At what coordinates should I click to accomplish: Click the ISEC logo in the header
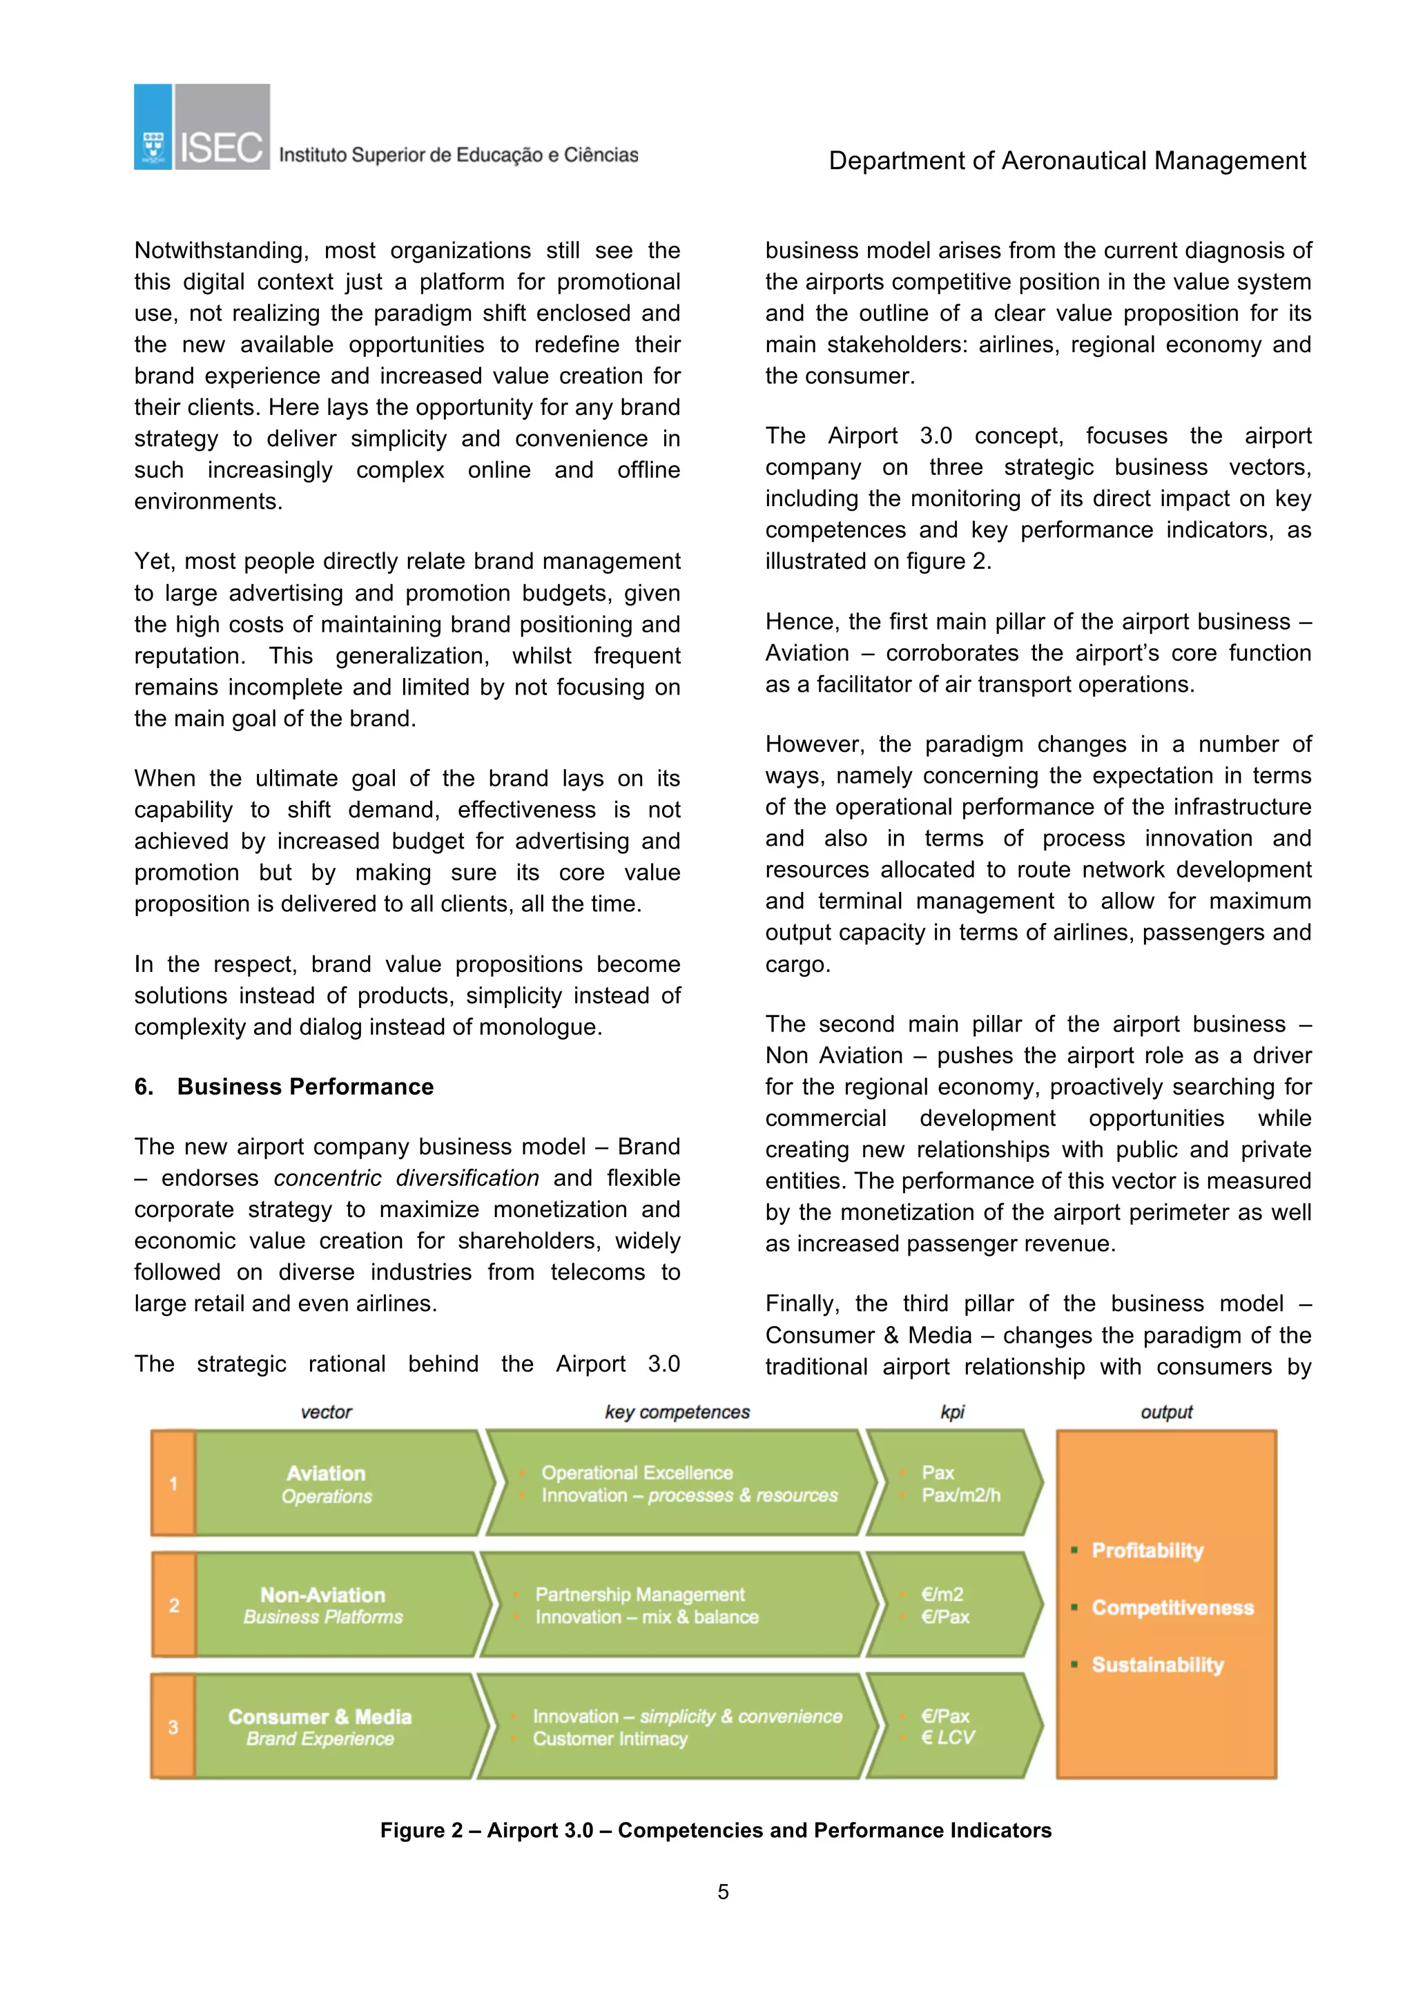coord(202,127)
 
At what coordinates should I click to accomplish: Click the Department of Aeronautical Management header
coord(1067,161)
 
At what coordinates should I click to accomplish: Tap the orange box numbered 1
coord(173,1484)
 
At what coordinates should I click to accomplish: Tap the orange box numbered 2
coord(173,1604)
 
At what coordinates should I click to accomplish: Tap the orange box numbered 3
coord(173,1727)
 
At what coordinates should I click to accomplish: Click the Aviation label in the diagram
coord(326,1473)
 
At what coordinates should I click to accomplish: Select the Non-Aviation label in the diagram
coord(322,1595)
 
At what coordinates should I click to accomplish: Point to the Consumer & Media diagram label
coord(320,1716)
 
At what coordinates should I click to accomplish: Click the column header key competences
coord(677,1412)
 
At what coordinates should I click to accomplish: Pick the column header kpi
coord(952,1412)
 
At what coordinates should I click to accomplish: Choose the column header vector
coord(326,1412)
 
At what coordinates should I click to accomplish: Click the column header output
coord(1167,1412)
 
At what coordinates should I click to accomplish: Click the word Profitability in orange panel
coord(1147,1551)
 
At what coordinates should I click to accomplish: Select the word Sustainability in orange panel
coord(1157,1664)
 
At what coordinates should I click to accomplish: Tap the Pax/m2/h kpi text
coord(960,1495)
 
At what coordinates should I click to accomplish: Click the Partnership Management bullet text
coord(639,1594)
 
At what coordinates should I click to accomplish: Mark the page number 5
coord(722,1892)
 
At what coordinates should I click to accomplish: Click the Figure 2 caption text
coord(715,1830)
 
